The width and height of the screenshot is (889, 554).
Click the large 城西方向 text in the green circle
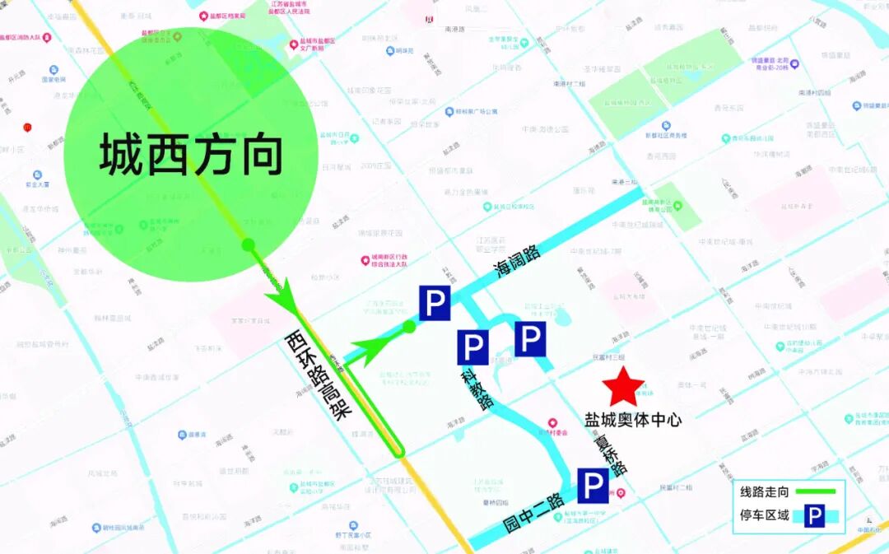(x=191, y=156)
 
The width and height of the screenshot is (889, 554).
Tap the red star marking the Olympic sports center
(x=623, y=385)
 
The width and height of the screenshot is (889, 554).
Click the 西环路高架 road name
(x=314, y=375)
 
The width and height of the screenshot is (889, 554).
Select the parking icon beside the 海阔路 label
(x=435, y=303)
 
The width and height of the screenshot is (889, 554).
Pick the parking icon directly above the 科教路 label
(x=473, y=347)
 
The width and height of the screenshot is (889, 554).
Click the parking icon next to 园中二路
(x=593, y=486)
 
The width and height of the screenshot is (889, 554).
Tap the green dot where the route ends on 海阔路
(x=409, y=327)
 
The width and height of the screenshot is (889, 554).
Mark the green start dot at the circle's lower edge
(x=247, y=244)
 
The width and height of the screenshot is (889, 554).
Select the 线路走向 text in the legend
(x=764, y=492)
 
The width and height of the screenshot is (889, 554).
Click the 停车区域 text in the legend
(x=764, y=516)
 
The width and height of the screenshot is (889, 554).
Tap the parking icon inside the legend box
(x=814, y=516)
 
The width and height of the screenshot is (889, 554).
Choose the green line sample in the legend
(x=815, y=492)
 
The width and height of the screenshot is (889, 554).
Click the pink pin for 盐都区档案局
(x=202, y=15)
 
